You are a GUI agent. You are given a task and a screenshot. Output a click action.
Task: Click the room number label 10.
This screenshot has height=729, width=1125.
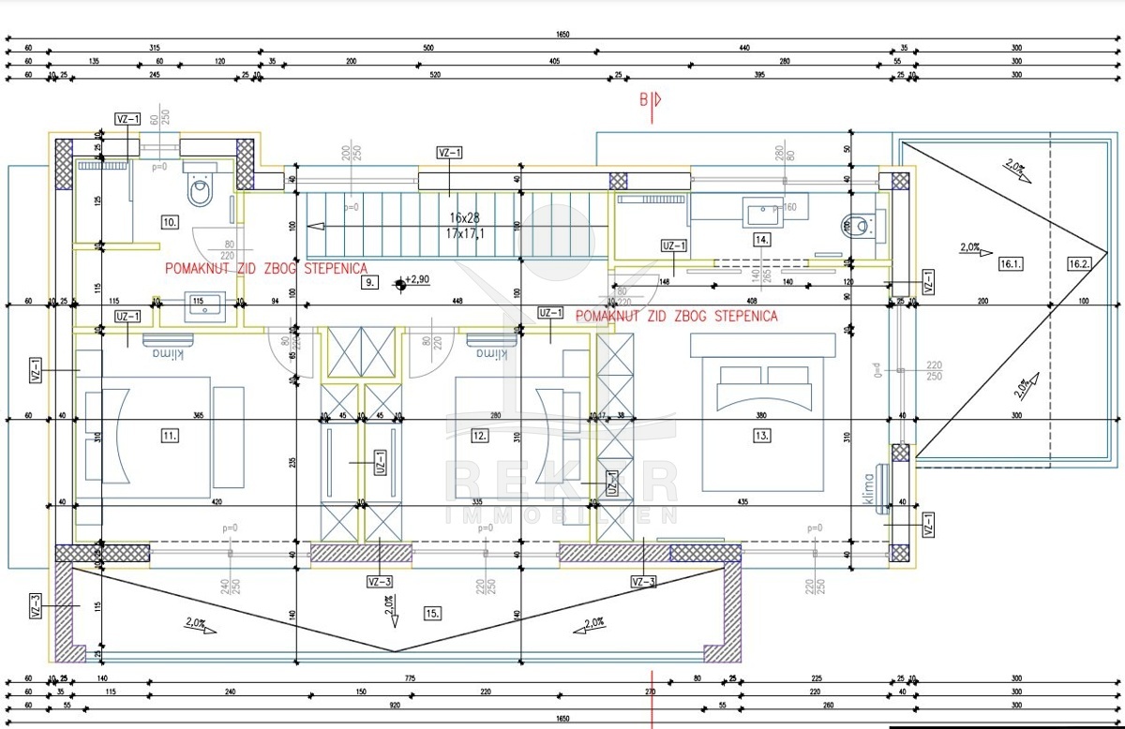tap(170, 222)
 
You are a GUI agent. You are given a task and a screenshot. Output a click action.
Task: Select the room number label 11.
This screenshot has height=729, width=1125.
tap(170, 435)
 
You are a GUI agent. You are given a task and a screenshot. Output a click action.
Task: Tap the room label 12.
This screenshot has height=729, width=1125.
tap(480, 435)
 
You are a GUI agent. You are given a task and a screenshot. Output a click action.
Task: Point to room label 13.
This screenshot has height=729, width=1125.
tap(762, 435)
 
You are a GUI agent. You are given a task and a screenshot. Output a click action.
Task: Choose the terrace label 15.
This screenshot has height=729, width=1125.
tap(432, 613)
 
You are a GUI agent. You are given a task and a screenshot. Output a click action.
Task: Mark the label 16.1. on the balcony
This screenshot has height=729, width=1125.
tap(1011, 264)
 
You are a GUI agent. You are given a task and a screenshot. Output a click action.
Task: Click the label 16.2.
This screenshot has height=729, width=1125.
tap(1079, 264)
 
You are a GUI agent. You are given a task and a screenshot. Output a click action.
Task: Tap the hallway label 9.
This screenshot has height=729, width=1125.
tap(370, 281)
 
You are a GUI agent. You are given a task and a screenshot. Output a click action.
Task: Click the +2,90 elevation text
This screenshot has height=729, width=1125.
tap(417, 280)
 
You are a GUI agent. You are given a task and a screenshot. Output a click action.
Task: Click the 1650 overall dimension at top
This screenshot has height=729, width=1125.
tap(562, 35)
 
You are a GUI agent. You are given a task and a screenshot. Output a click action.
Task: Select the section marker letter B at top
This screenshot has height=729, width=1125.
tap(644, 100)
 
